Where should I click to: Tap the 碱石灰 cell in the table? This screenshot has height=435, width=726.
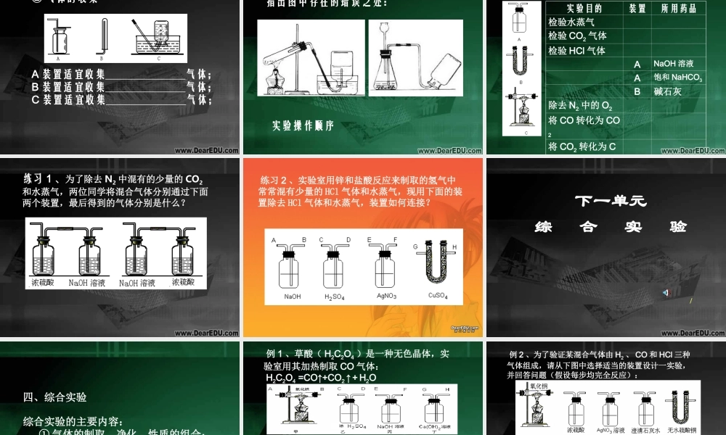[x=667, y=91]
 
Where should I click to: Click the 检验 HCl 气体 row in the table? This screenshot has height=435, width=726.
[x=576, y=51]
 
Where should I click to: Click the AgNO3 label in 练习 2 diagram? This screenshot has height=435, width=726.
[x=385, y=296]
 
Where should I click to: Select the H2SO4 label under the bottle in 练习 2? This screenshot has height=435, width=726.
[x=334, y=297]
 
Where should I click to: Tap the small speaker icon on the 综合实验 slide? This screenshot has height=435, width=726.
[x=665, y=292]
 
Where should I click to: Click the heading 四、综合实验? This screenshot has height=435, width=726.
[x=55, y=397]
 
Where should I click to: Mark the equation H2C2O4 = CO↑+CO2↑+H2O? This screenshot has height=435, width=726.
[x=321, y=378]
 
